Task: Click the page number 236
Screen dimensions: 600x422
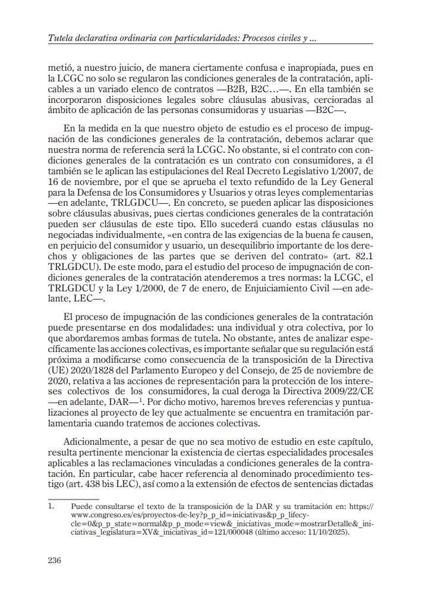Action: [55, 560]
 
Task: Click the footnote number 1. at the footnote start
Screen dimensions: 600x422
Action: [52, 507]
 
